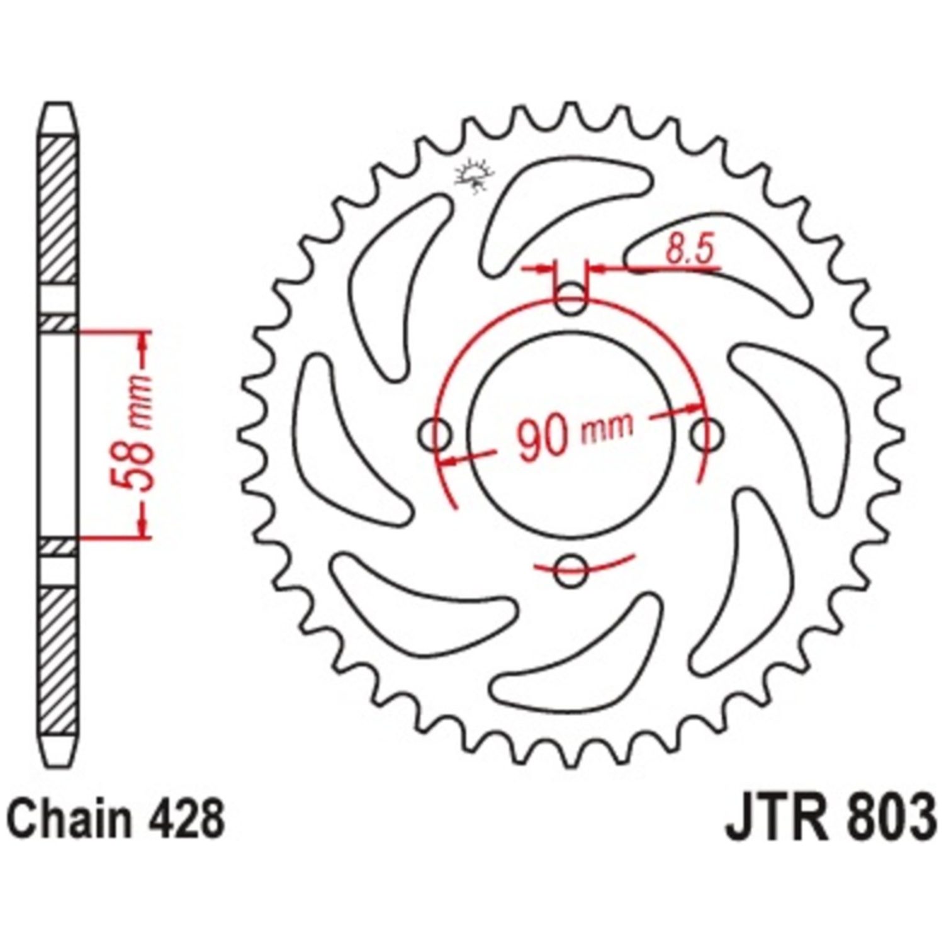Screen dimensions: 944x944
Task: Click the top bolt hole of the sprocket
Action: point(571,298)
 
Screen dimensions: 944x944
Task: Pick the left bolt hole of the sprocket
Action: point(434,434)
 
